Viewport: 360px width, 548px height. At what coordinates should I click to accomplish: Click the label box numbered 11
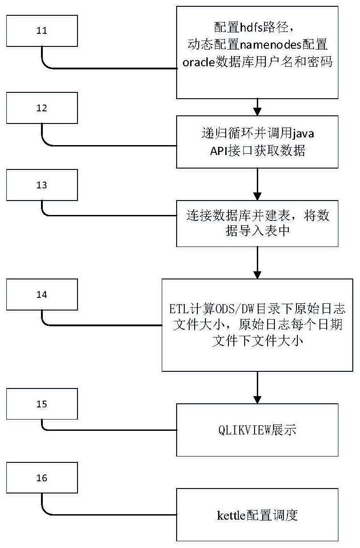[x=42, y=31]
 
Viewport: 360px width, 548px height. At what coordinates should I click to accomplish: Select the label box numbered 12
[x=42, y=108]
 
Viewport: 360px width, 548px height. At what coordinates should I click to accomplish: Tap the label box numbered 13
[x=42, y=185]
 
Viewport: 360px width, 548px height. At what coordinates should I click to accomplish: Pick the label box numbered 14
[x=42, y=295]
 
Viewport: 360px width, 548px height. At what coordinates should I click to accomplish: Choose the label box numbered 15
[x=42, y=404]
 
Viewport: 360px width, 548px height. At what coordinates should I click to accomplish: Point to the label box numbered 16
[x=42, y=478]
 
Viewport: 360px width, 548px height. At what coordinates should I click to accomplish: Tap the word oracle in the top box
[x=198, y=62]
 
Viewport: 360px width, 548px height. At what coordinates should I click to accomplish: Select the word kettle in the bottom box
[x=230, y=515]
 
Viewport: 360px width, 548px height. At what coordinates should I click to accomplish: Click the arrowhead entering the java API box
[x=257, y=111]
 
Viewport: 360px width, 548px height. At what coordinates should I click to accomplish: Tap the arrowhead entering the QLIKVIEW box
[x=257, y=399]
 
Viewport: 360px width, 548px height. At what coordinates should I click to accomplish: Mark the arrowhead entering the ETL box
[x=257, y=274]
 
